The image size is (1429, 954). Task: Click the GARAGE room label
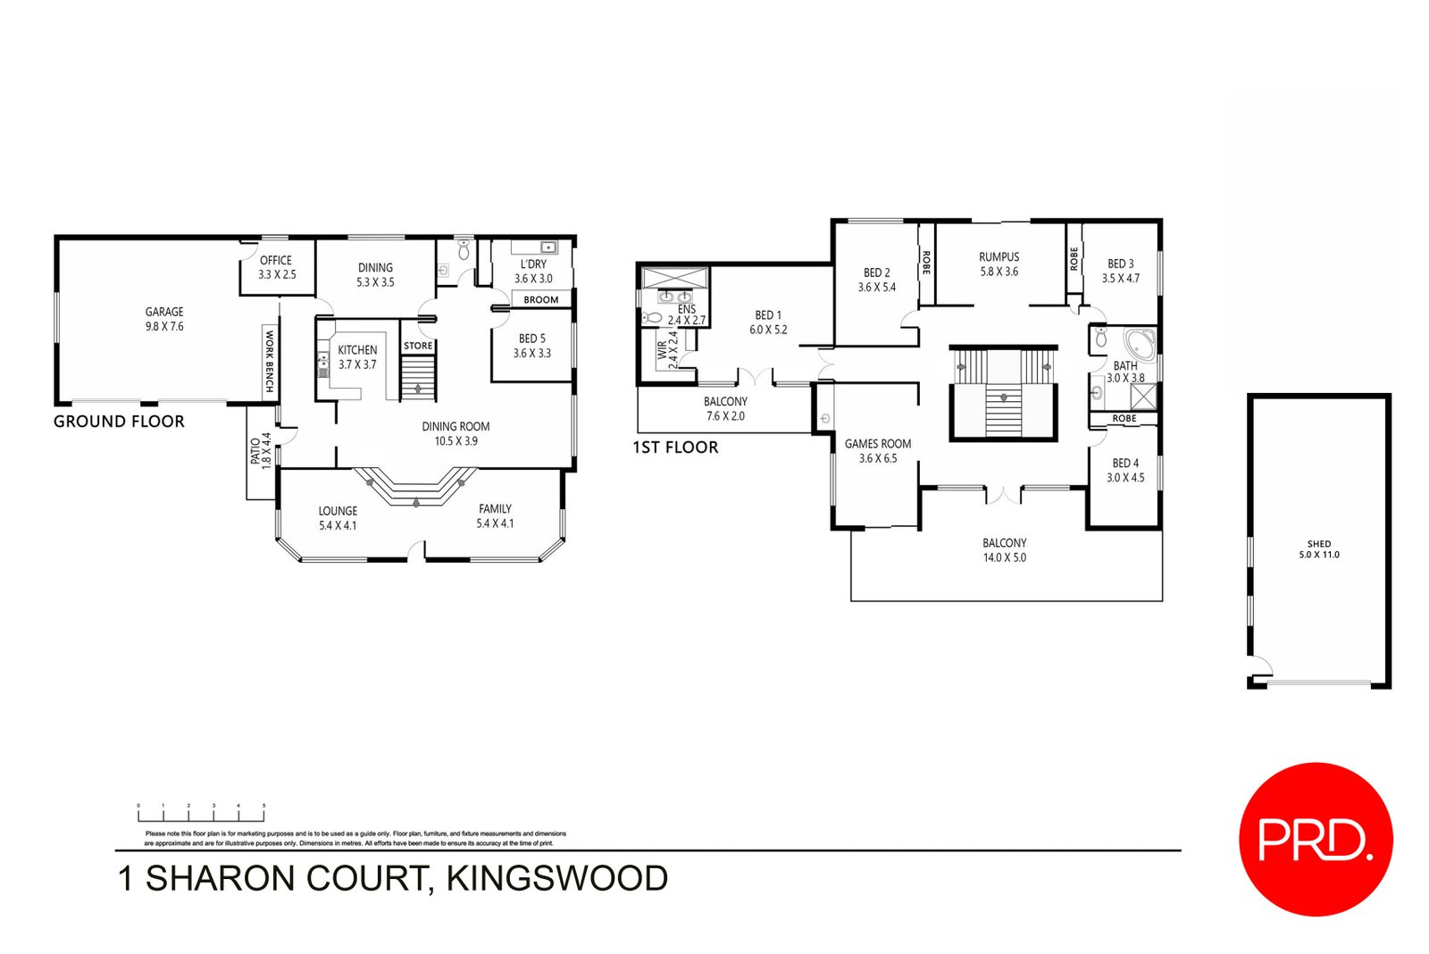pos(164,319)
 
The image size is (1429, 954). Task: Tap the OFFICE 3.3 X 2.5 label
pos(277,267)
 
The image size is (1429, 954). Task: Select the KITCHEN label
pos(357,357)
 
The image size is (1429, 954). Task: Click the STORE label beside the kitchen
pos(418,346)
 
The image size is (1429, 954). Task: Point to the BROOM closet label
pos(541,300)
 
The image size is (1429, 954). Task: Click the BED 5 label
pos(532,346)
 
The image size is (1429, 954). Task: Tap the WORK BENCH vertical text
pos(269,361)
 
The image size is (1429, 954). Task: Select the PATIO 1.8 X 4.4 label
pos(260,451)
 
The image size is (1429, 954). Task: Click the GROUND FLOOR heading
pos(119,422)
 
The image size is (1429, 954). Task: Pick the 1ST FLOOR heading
pos(675,448)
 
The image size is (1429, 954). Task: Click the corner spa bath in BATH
pos(1140,343)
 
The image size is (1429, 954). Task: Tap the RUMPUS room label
pos(999,264)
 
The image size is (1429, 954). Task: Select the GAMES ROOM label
pos(878,450)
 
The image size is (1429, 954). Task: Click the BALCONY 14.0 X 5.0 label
pos(1005,550)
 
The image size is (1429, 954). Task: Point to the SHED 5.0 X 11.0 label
pos(1319,549)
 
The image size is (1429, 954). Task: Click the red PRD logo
pos(1316,839)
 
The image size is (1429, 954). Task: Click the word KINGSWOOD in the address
pos(556,879)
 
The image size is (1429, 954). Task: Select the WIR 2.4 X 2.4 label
pos(667,350)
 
